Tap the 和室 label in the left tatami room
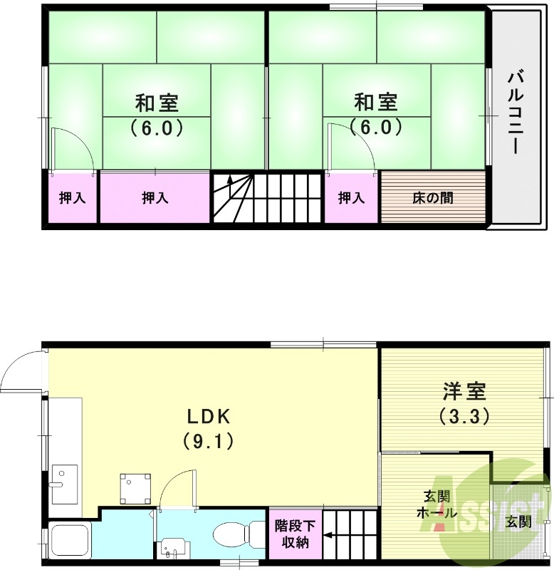pyautogui.click(x=157, y=103)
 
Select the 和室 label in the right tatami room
pyautogui.click(x=376, y=103)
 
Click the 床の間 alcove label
pyautogui.click(x=432, y=198)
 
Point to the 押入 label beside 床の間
pyautogui.click(x=351, y=198)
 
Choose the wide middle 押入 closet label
pyautogui.click(x=155, y=198)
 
